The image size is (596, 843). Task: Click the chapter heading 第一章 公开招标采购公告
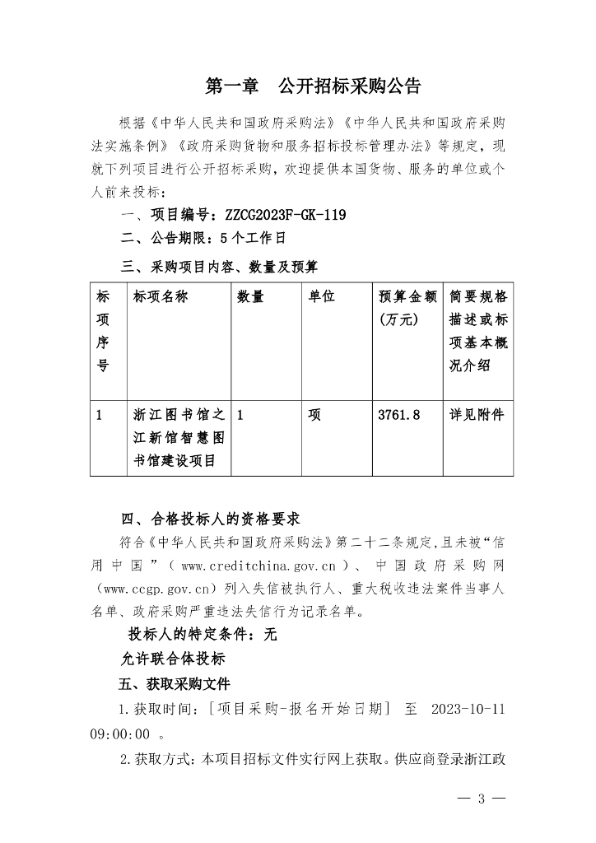(312, 86)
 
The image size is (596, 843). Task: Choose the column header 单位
(321, 297)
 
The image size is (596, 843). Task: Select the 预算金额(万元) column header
(408, 308)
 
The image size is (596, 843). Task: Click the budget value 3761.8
(398, 415)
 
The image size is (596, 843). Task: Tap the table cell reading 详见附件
(477, 415)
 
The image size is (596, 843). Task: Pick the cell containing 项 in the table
(314, 415)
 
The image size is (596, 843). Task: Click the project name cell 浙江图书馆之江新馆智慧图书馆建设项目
(178, 438)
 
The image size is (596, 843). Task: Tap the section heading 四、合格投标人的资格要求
(210, 519)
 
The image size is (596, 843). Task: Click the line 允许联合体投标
(173, 659)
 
